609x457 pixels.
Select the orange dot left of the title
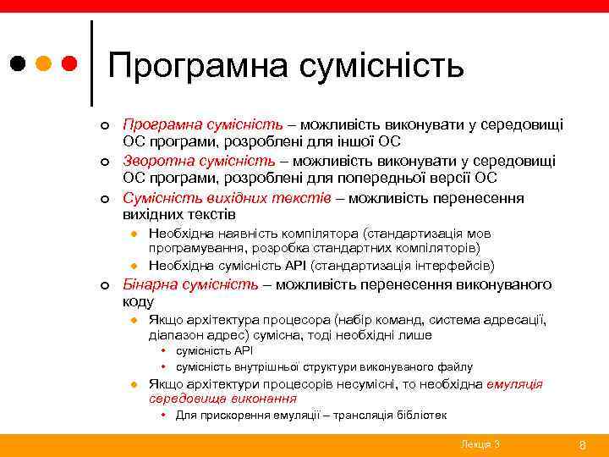(x=45, y=63)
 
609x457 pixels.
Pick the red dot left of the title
(x=71, y=63)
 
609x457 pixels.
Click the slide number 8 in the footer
(x=581, y=444)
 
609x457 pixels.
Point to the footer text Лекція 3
(x=480, y=444)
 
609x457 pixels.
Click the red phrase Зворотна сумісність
(x=199, y=161)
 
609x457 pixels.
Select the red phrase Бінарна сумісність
(x=191, y=284)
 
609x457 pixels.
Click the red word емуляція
(x=515, y=383)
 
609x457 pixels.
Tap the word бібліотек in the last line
(x=416, y=416)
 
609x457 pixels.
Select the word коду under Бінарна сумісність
(x=138, y=301)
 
